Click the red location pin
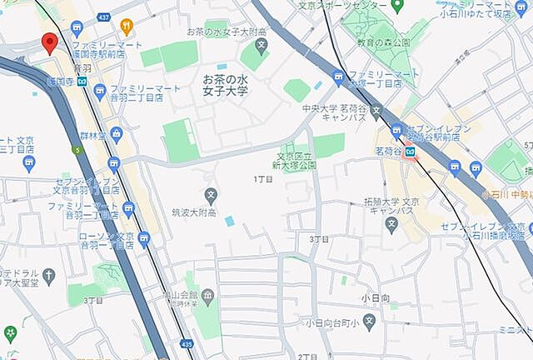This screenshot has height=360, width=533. click(48, 42)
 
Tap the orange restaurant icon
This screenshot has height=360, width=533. click(127, 27)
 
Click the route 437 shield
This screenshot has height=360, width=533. click(103, 17)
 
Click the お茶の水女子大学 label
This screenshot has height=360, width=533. click(225, 84)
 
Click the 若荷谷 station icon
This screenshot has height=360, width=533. click(411, 153)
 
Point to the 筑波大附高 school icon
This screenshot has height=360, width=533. click(211, 197)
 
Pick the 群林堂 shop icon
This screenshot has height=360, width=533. click(115, 132)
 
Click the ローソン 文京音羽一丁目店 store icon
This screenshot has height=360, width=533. click(143, 240)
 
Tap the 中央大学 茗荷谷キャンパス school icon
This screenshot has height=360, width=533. click(376, 110)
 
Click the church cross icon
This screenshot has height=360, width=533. click(49, 275)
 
